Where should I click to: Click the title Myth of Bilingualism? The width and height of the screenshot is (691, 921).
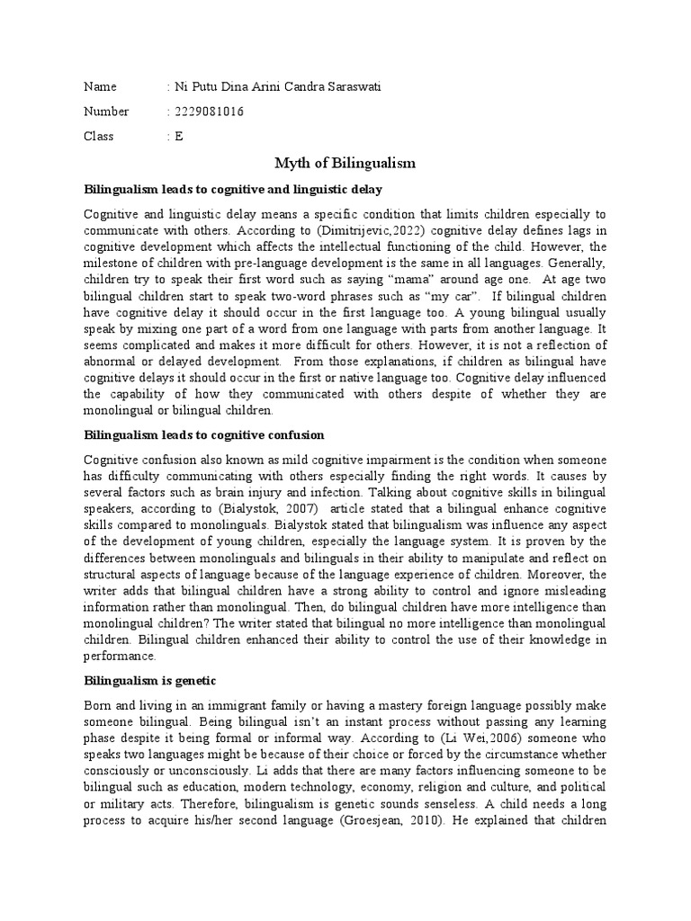[345, 163]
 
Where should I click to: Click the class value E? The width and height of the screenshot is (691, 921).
[178, 136]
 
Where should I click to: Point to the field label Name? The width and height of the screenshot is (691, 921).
[100, 87]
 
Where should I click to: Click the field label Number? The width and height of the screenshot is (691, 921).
[106, 112]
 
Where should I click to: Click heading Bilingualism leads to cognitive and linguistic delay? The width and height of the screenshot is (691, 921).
[233, 190]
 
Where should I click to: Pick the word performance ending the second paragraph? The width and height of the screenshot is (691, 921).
[121, 657]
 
